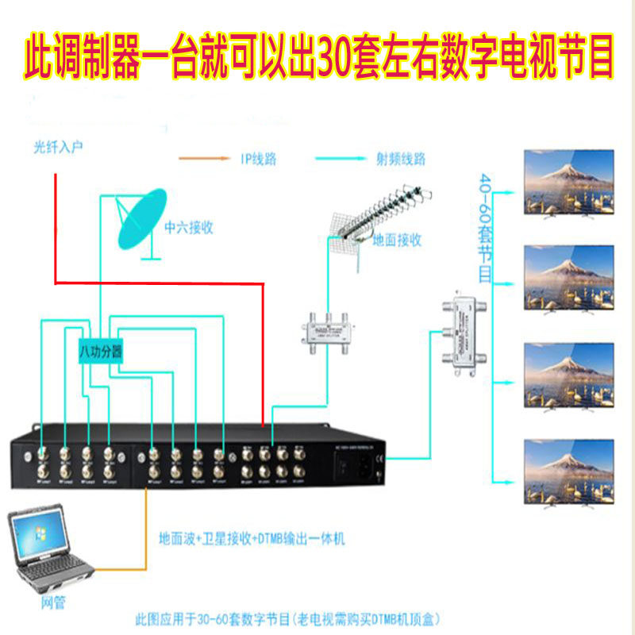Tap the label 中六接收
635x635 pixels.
tap(189, 227)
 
